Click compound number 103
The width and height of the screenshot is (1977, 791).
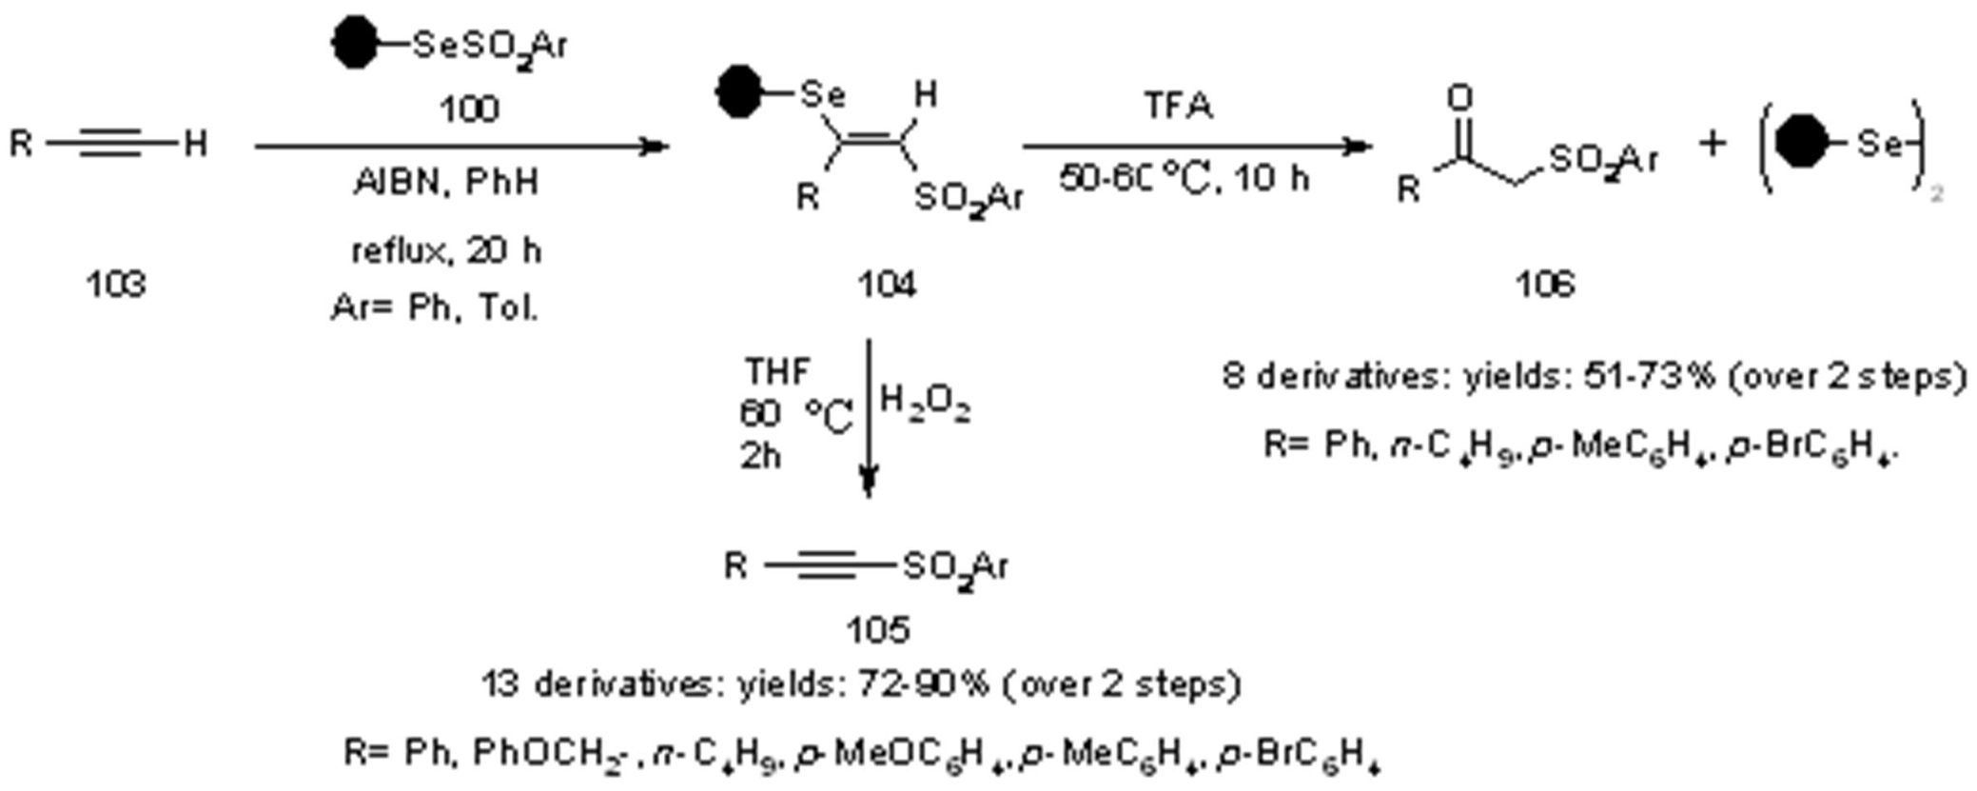(x=116, y=284)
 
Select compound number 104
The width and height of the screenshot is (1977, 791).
(x=887, y=284)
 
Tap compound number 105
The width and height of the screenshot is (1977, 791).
(x=877, y=628)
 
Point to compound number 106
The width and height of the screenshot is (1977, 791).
(x=1545, y=284)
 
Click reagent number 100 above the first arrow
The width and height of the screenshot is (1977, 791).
(x=468, y=109)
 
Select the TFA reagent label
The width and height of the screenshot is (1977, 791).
(x=1178, y=106)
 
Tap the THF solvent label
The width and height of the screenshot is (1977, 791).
(x=778, y=371)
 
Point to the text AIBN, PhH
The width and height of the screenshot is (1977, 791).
(x=445, y=182)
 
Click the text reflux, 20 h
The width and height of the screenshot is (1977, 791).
(x=445, y=251)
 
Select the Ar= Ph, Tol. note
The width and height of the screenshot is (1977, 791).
(x=435, y=307)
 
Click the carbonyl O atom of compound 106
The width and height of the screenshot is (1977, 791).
(x=1459, y=97)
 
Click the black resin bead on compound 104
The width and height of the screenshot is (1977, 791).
(x=739, y=92)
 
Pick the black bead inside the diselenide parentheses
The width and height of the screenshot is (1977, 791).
(x=1801, y=144)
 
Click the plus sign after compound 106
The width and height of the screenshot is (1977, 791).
(x=1712, y=145)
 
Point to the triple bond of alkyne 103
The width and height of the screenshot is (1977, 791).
(x=111, y=145)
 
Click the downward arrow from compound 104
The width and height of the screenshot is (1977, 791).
(x=868, y=419)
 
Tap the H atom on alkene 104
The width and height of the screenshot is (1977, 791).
(x=925, y=94)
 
